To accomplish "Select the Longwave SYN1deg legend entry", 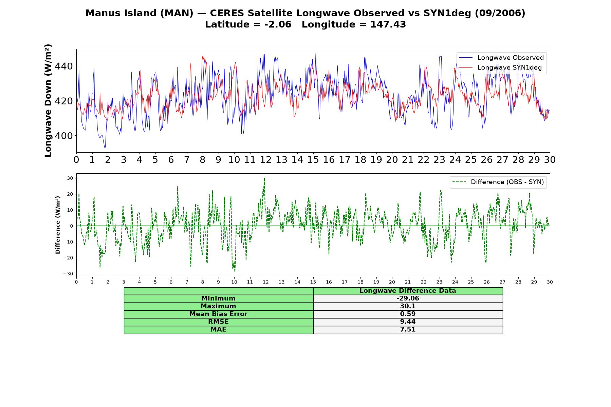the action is (500, 67).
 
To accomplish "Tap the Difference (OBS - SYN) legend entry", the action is (498, 182).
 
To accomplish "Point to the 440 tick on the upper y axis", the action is (64, 66).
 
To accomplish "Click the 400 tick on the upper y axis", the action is (64, 136).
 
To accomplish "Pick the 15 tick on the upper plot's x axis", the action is (313, 160).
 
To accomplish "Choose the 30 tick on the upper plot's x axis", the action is (550, 160).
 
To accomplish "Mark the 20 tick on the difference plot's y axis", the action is (70, 194).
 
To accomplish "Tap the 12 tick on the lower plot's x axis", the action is (265, 282).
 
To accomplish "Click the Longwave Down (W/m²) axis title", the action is (48, 100).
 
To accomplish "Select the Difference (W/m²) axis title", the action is (58, 225).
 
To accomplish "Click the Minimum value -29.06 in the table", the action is (408, 298).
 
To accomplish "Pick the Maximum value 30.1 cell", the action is (408, 306).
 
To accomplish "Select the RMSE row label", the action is (218, 322).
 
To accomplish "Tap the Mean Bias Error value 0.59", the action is (408, 314).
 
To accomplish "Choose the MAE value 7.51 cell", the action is (408, 330).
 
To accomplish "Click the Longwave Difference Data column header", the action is (408, 291).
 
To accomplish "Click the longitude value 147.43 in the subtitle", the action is (388, 24).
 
